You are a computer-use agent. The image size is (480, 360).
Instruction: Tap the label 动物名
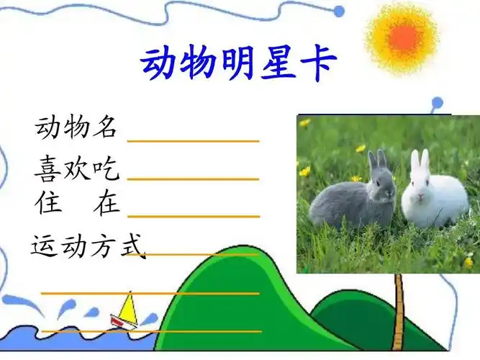[x=76, y=127]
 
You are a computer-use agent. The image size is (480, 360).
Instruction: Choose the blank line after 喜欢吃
[x=193, y=178]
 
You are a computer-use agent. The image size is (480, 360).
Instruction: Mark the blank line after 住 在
[x=193, y=215]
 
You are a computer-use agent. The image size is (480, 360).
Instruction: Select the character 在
[x=107, y=203]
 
